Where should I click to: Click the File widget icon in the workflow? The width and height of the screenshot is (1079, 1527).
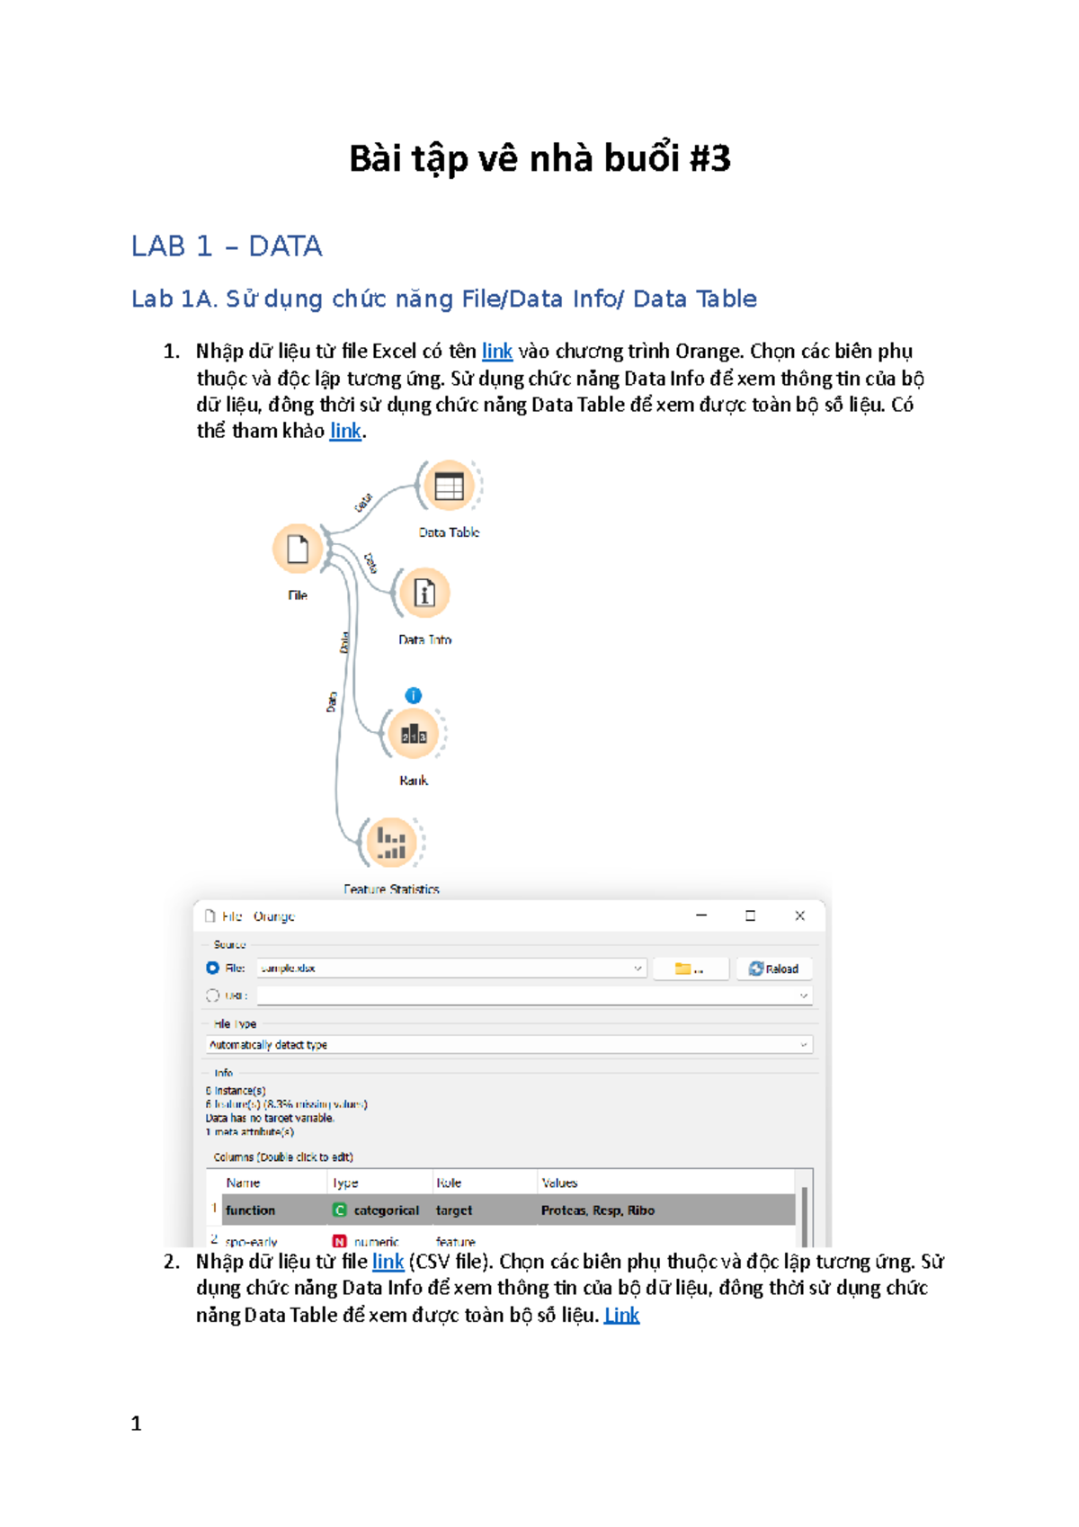[298, 549]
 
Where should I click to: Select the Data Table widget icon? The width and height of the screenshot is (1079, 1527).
[449, 487]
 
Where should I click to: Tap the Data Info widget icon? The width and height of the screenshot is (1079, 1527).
[424, 594]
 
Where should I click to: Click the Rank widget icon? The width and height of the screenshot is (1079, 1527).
[414, 735]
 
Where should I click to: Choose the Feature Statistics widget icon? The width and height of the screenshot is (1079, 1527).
[391, 843]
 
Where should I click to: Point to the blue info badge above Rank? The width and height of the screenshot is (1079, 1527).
[414, 695]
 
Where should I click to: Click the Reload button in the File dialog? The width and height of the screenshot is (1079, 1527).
[774, 969]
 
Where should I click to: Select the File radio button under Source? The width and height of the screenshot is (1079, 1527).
[213, 968]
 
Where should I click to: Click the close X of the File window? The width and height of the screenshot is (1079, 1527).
[799, 915]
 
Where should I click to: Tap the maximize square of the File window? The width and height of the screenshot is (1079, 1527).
[750, 915]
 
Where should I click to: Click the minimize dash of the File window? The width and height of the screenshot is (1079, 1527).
[701, 915]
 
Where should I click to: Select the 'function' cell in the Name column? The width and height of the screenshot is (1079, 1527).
[251, 1210]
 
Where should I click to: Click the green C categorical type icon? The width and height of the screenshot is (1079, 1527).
[340, 1210]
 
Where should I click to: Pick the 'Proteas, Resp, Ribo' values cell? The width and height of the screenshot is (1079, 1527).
[598, 1210]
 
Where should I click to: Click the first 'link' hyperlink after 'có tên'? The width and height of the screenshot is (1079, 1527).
[497, 352]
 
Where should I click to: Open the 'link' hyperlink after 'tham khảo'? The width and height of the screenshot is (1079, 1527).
[345, 432]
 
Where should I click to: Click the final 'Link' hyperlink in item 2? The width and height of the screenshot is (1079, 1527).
[621, 1316]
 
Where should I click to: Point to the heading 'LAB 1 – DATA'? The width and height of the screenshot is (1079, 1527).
[227, 246]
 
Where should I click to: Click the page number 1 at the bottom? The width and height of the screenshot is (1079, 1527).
[137, 1424]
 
